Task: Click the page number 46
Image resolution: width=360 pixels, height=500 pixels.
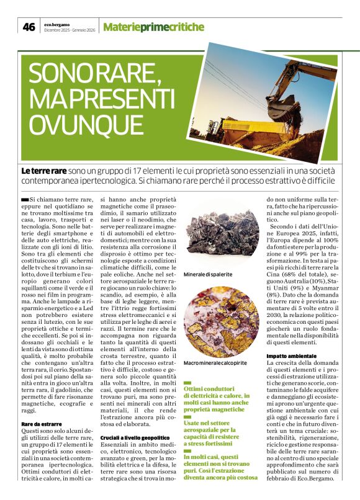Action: (x=29, y=27)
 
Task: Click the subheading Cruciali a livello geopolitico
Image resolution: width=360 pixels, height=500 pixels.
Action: (x=136, y=438)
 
